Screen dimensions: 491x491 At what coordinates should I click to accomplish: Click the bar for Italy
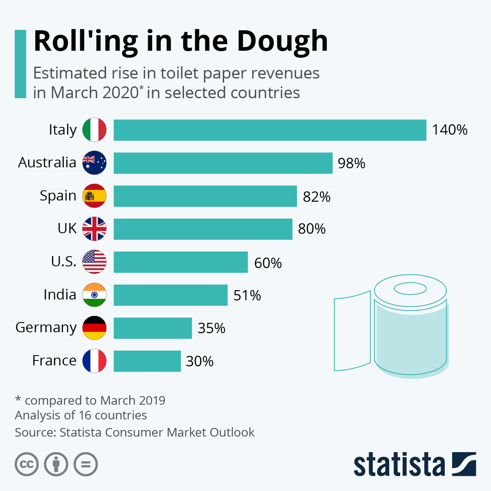270,130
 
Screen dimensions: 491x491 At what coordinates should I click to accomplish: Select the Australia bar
223,163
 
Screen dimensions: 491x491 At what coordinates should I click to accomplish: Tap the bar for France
147,361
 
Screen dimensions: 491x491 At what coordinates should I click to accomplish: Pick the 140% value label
450,130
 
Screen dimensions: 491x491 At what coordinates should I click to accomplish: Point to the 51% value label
247,295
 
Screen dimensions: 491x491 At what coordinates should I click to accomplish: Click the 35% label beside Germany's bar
212,328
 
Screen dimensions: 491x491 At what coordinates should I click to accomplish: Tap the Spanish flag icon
95,196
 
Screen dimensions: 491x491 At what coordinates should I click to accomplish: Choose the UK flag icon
95,229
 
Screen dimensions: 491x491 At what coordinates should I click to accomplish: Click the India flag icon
95,295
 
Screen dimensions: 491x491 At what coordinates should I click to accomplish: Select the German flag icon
95,328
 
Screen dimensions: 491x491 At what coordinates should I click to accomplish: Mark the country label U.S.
64,261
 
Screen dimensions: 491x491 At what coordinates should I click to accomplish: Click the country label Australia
47,162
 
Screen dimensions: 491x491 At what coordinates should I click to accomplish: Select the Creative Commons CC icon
27,464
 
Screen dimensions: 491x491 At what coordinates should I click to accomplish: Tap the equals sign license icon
86,464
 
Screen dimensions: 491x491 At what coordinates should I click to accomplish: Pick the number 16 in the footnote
84,415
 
